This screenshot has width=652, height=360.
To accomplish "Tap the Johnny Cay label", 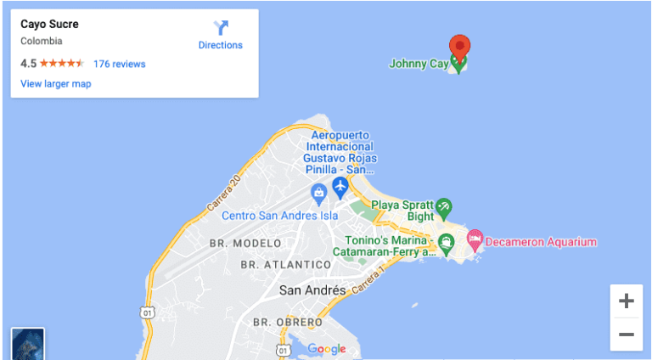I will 419,64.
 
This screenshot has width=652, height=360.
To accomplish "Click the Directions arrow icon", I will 220,27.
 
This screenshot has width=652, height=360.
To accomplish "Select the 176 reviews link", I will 119,64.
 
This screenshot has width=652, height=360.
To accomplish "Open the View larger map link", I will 56,84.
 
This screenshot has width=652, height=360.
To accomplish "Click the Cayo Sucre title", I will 49,25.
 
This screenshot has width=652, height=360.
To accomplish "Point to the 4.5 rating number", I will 28,64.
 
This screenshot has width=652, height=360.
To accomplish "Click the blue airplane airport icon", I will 340,187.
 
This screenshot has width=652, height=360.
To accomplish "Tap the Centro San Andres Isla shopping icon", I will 318,193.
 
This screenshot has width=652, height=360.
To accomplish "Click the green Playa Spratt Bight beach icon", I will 443,207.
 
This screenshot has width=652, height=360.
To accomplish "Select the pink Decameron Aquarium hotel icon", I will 475,241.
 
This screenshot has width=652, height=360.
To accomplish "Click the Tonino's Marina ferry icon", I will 447,243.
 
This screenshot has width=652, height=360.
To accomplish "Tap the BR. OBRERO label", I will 288,323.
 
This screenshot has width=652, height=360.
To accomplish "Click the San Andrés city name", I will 312,290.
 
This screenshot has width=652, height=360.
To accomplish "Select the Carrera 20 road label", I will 224,195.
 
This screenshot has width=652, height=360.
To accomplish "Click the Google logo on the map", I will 327,349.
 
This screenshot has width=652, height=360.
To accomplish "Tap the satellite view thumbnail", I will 27,344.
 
